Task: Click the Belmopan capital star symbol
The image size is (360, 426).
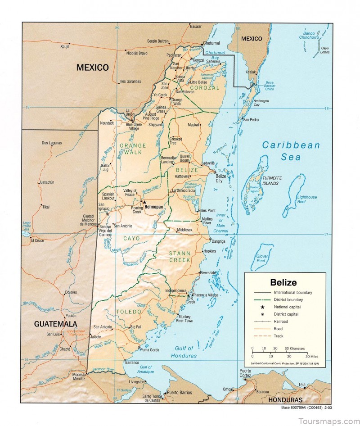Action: [144, 203]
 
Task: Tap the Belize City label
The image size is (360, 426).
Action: [221, 178]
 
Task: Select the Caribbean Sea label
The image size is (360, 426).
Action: [291, 151]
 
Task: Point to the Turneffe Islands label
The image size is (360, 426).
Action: [278, 181]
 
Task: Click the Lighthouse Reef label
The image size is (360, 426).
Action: [307, 199]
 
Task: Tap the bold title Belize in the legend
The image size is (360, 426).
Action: [283, 283]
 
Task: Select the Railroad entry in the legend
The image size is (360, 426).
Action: [280, 322]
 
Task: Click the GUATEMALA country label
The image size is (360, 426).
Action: [56, 324]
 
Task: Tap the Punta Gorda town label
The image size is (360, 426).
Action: [151, 349]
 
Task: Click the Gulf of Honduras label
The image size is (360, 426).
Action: [184, 352]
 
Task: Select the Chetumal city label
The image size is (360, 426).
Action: [211, 43]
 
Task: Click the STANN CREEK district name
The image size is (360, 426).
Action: [180, 257]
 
